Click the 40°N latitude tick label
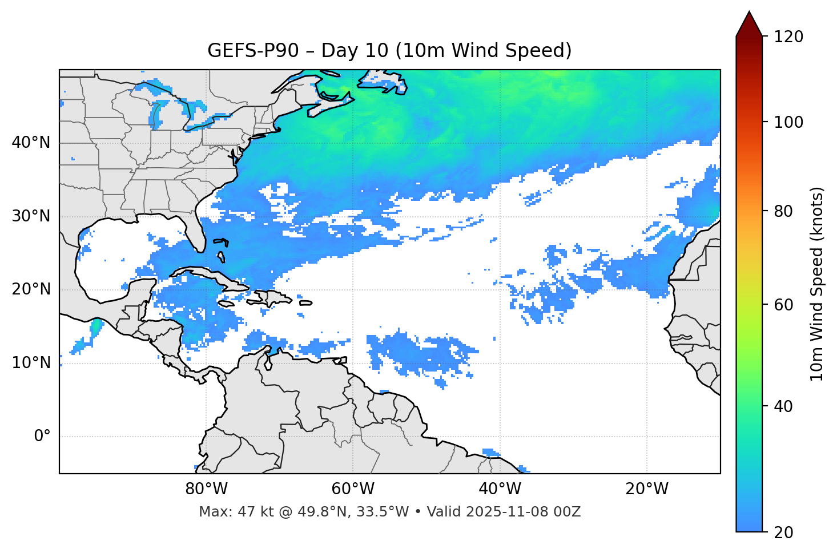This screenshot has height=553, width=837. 31,143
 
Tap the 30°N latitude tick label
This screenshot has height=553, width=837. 31,216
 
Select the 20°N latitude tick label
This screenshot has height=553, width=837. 31,289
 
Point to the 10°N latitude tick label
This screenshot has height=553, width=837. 31,363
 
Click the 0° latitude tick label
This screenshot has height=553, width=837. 42,437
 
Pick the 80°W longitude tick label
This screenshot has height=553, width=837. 206,489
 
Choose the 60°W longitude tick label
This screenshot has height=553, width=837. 353,489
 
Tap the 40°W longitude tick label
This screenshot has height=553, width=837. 500,489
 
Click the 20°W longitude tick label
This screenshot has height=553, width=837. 647,489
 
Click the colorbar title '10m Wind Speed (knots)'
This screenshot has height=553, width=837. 817,284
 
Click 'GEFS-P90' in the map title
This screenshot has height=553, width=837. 253,51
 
